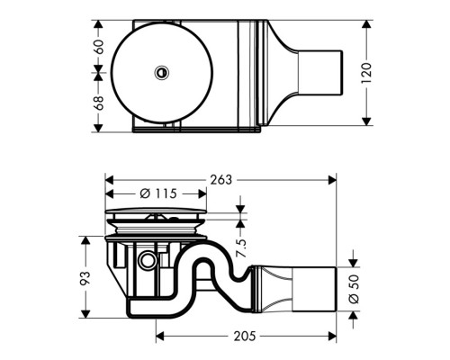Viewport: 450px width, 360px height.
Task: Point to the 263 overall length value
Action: pyautogui.click(x=220, y=180)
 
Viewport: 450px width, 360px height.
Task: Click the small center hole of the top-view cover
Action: pyautogui.click(x=161, y=71)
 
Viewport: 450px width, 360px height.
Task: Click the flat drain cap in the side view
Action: pyautogui.click(x=156, y=214)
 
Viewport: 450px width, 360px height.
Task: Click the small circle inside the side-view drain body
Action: pyautogui.click(x=148, y=261)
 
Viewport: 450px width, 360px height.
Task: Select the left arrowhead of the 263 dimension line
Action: pyautogui.click(x=109, y=178)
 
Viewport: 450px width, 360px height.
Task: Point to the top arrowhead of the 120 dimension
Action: pyautogui.click(x=365, y=22)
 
